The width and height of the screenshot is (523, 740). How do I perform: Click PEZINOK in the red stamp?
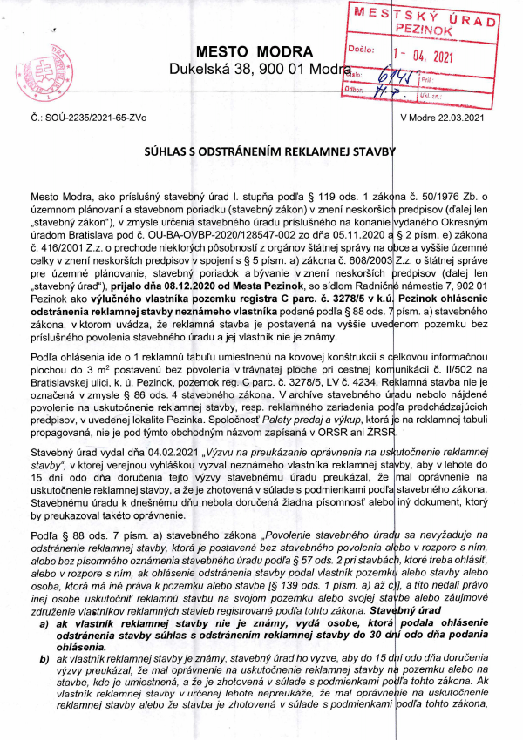[427, 29]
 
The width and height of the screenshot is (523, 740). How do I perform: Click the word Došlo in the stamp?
[363, 51]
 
